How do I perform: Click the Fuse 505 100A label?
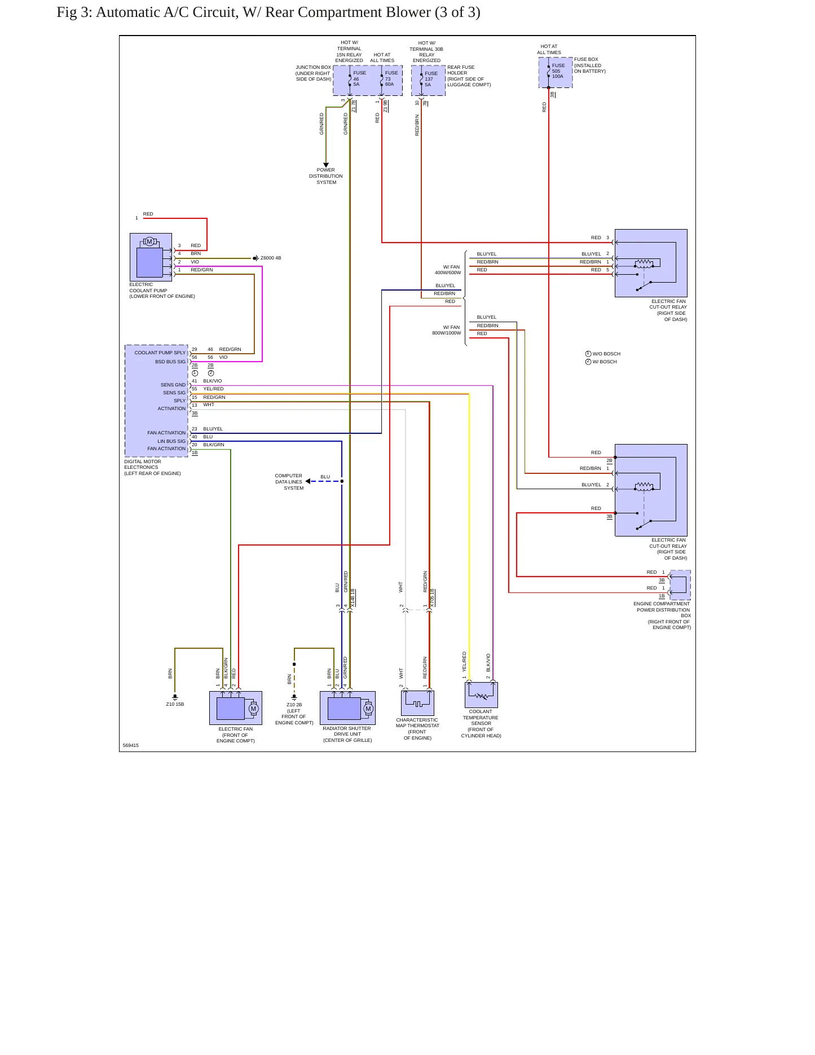[x=558, y=71]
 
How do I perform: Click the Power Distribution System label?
[x=326, y=176]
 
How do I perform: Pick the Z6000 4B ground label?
[x=270, y=258]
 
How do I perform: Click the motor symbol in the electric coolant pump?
[x=149, y=241]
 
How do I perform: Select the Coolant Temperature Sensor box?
[x=481, y=695]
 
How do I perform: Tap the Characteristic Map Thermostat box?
[x=417, y=703]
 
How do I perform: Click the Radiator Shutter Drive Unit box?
[x=347, y=708]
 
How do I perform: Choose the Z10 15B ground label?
[x=175, y=704]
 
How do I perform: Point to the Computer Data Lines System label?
[x=289, y=482]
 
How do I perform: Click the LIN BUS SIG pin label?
[x=171, y=441]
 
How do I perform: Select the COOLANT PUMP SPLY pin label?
[x=160, y=353]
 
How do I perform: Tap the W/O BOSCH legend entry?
[x=603, y=354]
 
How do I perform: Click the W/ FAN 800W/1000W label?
[x=447, y=330]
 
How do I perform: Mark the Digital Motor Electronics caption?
[x=152, y=468]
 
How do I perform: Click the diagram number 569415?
[x=131, y=745]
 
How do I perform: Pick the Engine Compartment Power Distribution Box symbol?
[x=680, y=585]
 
